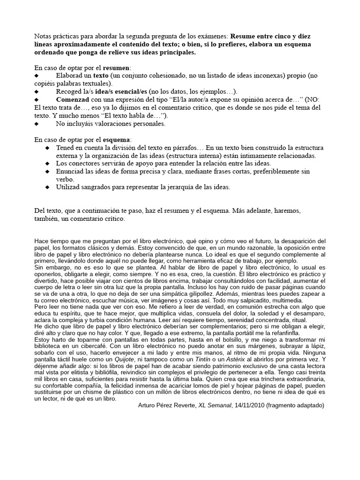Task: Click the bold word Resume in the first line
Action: (x=244, y=36)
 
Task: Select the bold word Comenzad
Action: (x=73, y=100)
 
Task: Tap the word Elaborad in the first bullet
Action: (x=71, y=75)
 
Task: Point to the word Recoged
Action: (x=70, y=91)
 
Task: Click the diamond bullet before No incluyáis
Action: (x=37, y=124)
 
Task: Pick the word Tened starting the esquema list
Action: (x=66, y=148)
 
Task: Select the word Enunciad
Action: (x=71, y=172)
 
